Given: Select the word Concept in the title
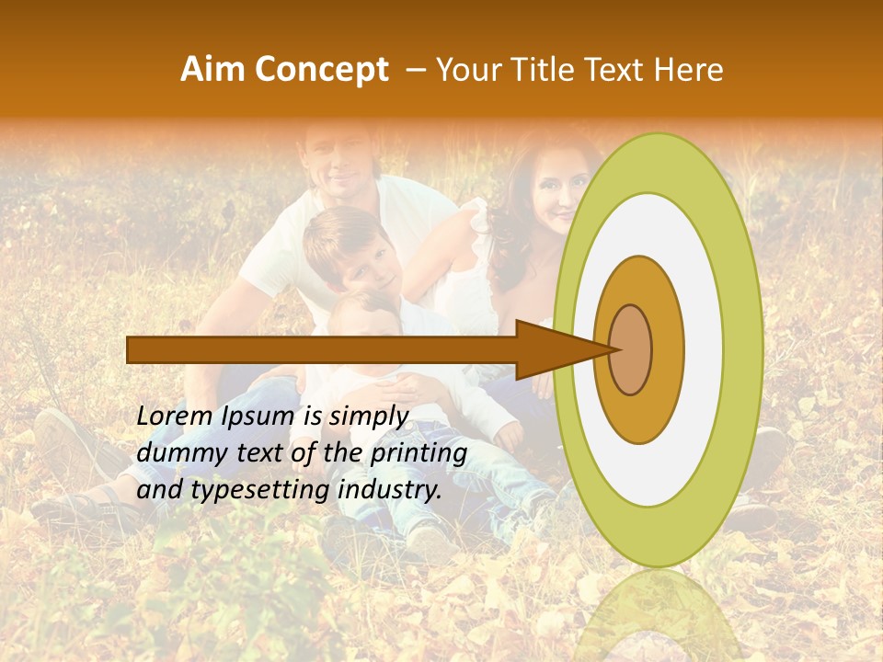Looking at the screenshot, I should point(323,70).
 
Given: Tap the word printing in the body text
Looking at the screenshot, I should point(418,452).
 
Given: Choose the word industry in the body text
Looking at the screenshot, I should point(390,490).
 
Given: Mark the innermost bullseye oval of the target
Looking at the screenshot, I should point(630,349).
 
